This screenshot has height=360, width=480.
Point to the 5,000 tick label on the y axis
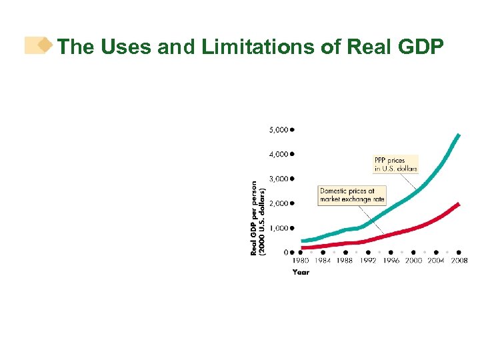279,129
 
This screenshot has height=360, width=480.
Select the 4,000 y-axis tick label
279,154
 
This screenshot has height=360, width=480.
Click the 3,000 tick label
279,179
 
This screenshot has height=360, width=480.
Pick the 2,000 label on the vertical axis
279,203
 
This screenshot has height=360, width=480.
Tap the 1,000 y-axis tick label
279,228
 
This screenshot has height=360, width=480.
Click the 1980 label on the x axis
301,261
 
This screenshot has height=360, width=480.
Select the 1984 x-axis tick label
323,261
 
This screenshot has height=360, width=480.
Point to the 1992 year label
368,261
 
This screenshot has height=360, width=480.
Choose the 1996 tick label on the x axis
391,261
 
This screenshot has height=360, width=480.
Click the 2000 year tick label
413,261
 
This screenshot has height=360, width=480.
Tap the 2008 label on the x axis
459,261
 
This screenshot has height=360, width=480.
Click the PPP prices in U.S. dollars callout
395,165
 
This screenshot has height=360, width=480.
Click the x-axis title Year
301,272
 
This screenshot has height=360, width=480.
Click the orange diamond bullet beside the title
44,45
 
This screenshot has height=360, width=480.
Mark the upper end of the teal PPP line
458,135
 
